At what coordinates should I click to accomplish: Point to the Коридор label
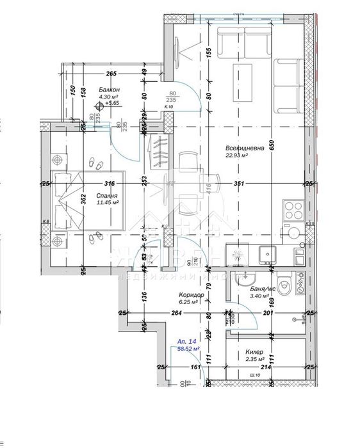[191, 294]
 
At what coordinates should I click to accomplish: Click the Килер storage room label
[254, 351]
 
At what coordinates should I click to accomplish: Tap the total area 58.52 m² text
[188, 349]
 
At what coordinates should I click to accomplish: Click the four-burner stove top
[293, 211]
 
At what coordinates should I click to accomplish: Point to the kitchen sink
[265, 255]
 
